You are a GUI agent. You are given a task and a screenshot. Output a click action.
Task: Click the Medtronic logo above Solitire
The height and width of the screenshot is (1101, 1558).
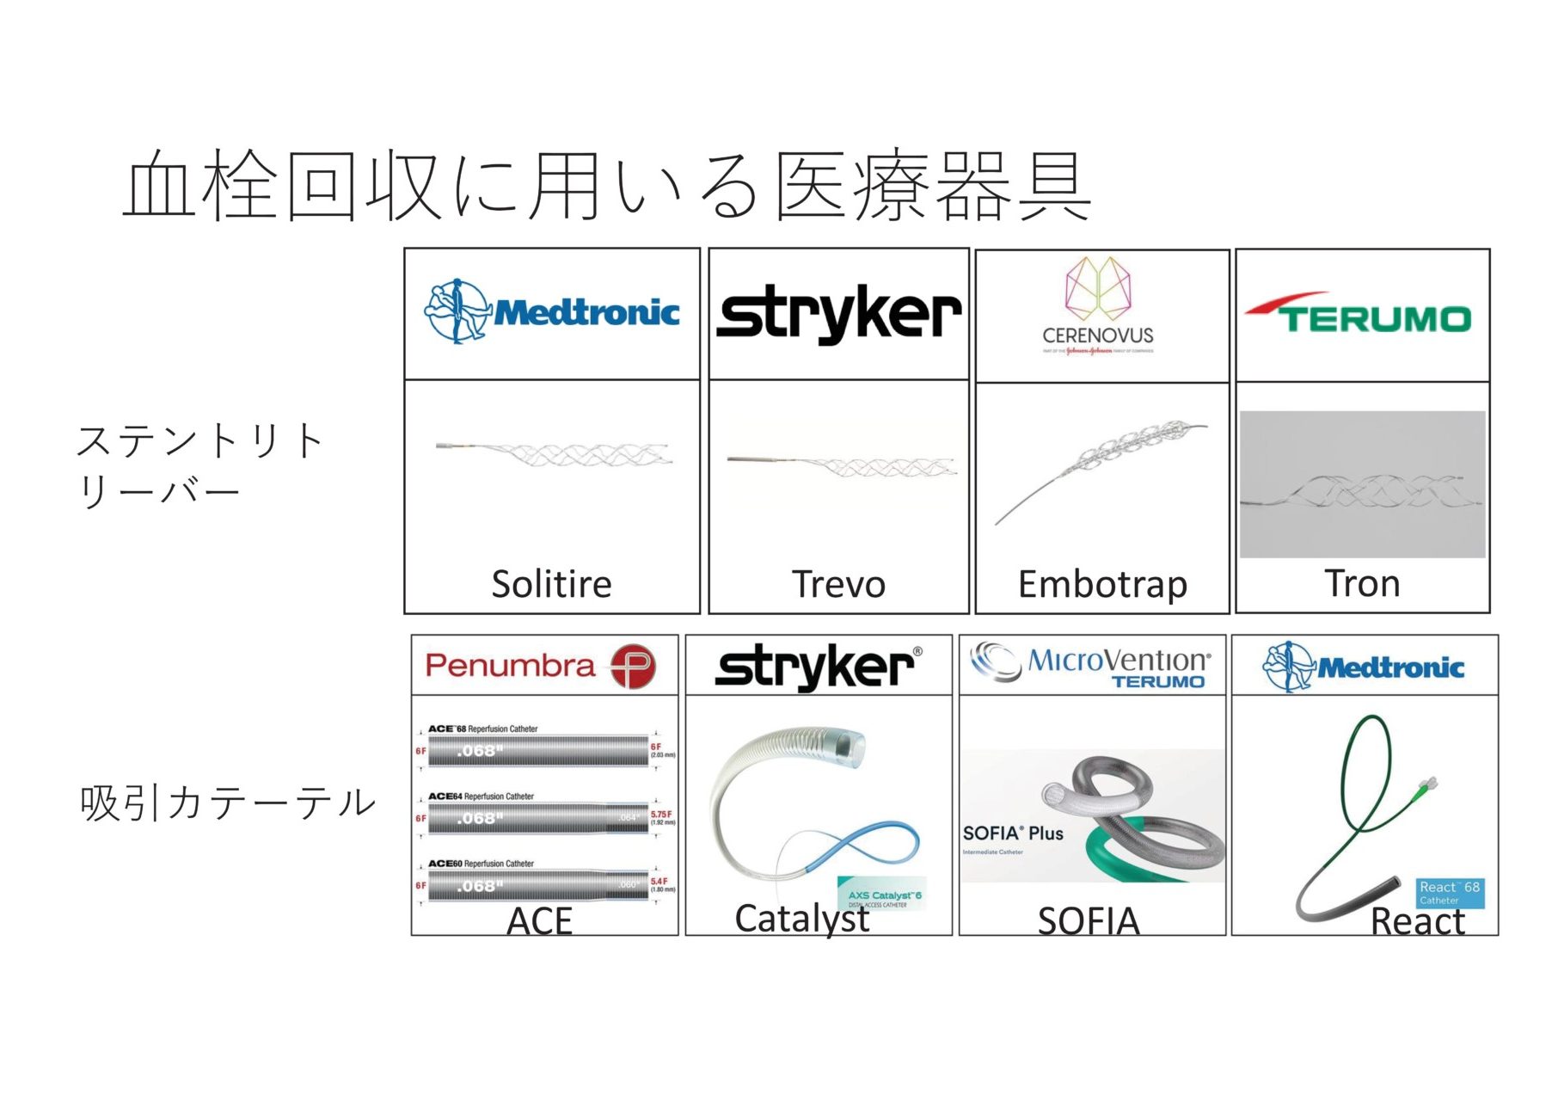click(x=552, y=311)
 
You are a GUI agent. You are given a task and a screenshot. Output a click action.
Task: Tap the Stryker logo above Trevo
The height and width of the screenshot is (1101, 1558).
click(x=838, y=314)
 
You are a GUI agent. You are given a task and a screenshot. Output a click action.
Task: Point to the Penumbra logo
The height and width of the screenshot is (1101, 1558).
click(x=541, y=666)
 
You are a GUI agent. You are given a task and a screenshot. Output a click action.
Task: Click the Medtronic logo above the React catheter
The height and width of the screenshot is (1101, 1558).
click(x=1364, y=667)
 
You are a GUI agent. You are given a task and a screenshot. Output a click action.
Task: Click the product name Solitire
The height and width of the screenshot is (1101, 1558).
click(x=551, y=585)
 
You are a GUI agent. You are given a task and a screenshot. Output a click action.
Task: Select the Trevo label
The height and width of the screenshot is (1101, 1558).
click(x=838, y=585)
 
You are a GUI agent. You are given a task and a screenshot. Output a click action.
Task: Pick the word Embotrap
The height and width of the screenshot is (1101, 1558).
click(x=1102, y=585)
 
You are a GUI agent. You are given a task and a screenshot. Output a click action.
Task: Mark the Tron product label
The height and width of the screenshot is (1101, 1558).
click(x=1362, y=584)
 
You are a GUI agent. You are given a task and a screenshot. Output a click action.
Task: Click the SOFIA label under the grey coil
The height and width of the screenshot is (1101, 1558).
click(x=1089, y=921)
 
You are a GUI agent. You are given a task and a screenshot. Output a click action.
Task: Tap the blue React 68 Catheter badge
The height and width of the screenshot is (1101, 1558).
click(x=1450, y=893)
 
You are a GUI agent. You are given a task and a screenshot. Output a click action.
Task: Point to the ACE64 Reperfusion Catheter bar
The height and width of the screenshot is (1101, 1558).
click(x=538, y=819)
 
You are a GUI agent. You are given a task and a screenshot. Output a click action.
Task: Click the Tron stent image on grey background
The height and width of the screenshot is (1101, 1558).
click(x=1362, y=484)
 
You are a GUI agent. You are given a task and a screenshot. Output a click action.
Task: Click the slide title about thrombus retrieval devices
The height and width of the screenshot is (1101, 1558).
click(x=607, y=186)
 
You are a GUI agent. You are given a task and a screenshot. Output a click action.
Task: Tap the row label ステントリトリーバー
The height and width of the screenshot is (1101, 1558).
click(x=199, y=465)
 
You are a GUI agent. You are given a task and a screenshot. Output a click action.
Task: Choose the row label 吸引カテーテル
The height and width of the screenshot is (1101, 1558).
click(x=228, y=803)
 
